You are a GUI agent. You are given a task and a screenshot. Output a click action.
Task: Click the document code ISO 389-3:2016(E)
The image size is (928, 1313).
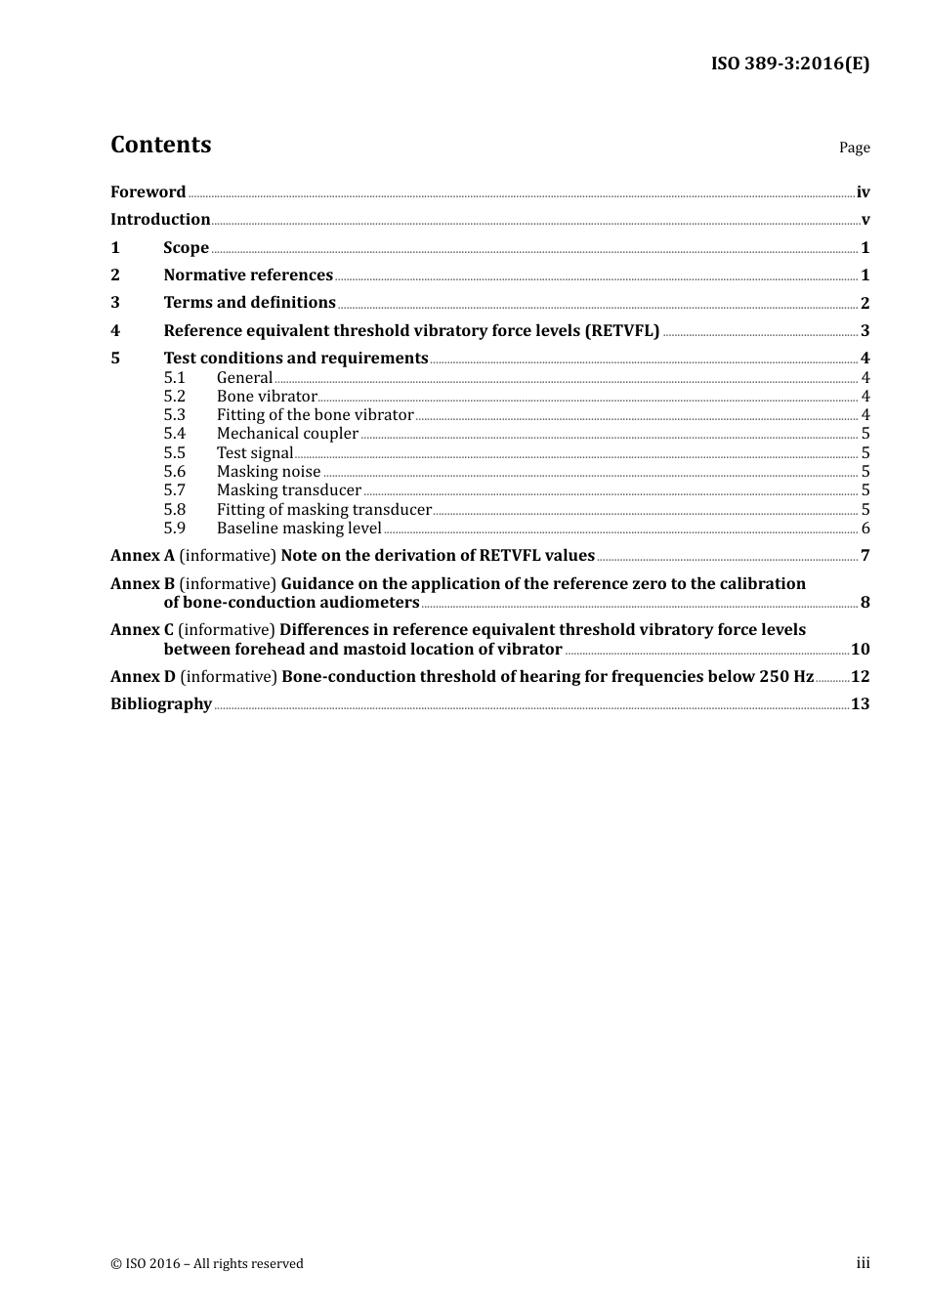point(789,64)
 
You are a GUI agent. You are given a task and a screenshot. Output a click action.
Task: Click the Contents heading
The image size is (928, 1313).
point(160,145)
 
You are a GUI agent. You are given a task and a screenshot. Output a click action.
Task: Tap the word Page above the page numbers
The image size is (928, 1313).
point(854,148)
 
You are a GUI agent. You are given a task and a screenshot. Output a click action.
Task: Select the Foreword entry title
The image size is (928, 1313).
point(148,191)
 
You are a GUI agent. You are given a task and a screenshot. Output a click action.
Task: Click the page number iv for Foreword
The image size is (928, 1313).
point(863,192)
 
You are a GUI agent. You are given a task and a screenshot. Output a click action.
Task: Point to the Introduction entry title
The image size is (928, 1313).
point(160,219)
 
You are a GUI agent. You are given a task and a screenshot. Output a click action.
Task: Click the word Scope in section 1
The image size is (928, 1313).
point(186,247)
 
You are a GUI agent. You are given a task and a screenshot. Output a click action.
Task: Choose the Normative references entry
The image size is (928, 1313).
point(248,275)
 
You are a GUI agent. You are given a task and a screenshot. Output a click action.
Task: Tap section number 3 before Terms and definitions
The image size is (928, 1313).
point(115,303)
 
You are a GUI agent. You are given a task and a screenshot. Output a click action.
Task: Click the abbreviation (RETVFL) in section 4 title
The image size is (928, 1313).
point(622,330)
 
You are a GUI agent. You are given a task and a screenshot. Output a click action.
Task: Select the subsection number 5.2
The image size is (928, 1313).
point(174,396)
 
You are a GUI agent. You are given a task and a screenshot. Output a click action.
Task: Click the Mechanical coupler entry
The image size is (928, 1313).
point(287,434)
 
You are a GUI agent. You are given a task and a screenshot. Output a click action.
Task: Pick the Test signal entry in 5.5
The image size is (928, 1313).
point(255,452)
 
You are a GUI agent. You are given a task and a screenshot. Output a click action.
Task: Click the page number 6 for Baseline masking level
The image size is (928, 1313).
point(865,529)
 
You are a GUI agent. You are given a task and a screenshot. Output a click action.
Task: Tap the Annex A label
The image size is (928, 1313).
point(142,555)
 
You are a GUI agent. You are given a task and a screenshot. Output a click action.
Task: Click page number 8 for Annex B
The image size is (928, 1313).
point(865,603)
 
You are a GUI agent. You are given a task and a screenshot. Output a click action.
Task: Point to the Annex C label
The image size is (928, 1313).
point(142,629)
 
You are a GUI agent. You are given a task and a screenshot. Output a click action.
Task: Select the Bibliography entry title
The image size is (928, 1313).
point(161,703)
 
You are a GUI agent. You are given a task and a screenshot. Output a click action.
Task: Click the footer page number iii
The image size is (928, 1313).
point(863,1263)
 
